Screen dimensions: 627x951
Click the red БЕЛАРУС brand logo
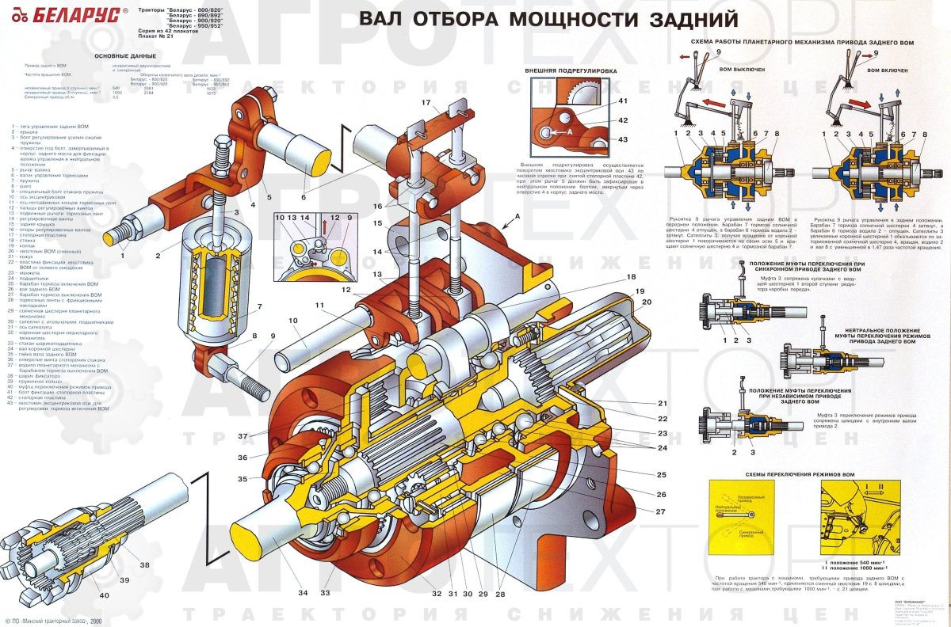[x=67, y=15]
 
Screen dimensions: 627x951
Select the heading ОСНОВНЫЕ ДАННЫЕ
[x=126, y=55]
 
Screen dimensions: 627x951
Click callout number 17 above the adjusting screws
[x=426, y=103]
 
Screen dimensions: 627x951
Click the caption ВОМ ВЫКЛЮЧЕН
[x=742, y=70]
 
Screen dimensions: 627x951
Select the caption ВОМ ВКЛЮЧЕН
[x=889, y=70]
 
